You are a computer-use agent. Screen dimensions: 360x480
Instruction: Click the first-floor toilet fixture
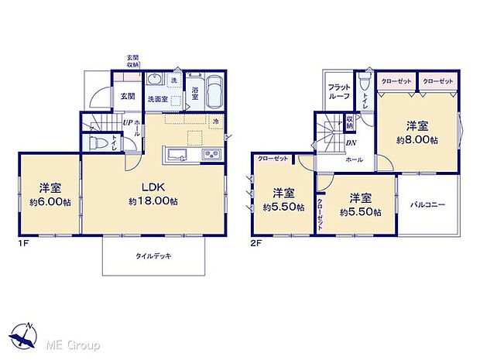[x=98, y=144]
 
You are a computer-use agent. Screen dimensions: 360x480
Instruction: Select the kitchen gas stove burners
[x=212, y=155]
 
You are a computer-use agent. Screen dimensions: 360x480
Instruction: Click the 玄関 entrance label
[x=128, y=97]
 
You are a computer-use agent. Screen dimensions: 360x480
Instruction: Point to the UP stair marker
[x=126, y=122]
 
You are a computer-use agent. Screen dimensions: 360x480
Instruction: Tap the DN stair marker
[x=351, y=142]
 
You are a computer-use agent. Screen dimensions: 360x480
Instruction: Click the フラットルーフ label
[x=339, y=92]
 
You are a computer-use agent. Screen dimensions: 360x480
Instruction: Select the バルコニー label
[x=427, y=205]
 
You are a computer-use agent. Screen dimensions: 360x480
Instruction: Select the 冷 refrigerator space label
[x=216, y=122]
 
